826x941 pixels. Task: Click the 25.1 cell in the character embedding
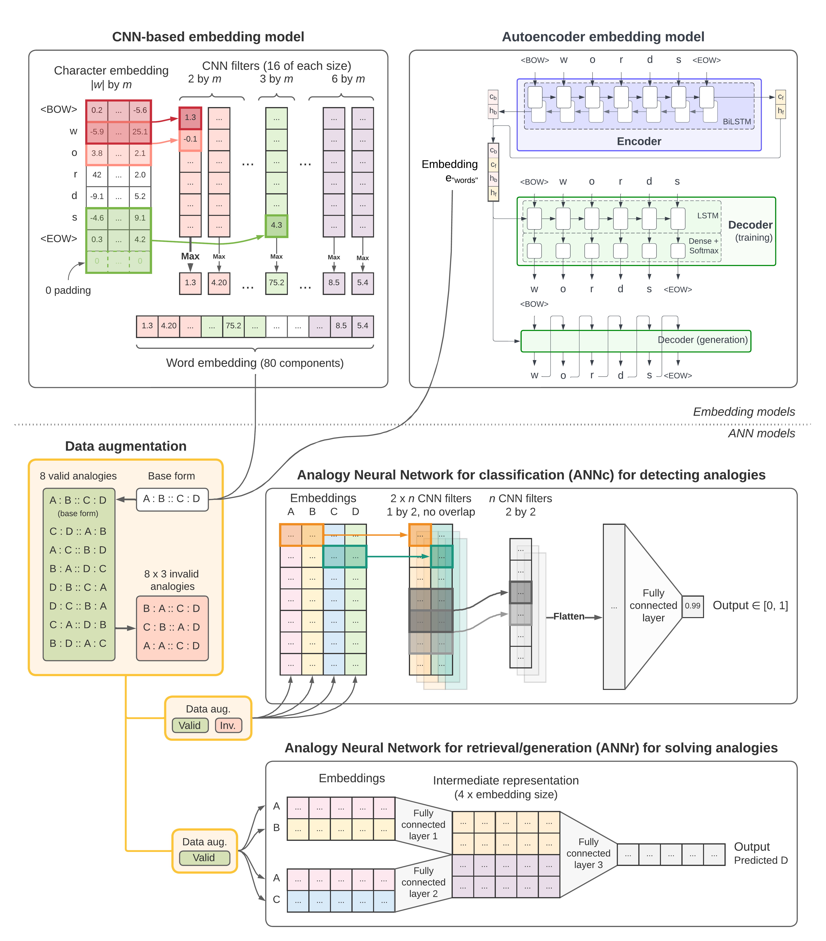point(140,132)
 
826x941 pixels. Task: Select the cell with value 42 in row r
point(97,175)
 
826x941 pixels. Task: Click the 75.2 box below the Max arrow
point(276,283)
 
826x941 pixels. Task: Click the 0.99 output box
point(693,606)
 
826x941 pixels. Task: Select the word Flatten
point(569,616)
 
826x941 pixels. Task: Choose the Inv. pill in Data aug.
point(228,726)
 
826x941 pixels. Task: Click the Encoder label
point(639,141)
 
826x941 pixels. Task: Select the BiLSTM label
point(737,122)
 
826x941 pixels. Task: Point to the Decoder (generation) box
point(635,341)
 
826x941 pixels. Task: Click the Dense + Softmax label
point(704,246)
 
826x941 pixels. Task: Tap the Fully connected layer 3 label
point(588,853)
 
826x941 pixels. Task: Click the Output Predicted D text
point(761,853)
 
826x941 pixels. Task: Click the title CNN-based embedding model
point(208,37)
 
